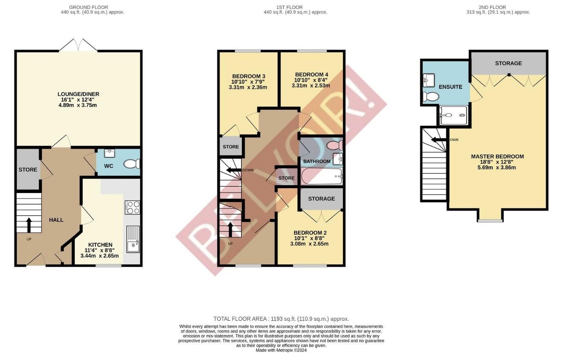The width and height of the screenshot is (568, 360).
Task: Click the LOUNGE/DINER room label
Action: [x=78, y=94]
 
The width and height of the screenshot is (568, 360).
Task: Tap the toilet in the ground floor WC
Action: [x=131, y=164]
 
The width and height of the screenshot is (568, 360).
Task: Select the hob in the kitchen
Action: [x=132, y=207]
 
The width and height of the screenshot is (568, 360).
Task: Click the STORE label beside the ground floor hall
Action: [x=28, y=170]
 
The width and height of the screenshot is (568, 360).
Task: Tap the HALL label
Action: [x=56, y=220]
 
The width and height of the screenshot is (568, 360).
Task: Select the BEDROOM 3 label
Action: [x=249, y=76]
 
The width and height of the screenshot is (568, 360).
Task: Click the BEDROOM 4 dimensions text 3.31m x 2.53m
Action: [x=310, y=85]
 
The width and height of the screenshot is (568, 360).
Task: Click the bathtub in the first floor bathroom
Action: [x=322, y=176]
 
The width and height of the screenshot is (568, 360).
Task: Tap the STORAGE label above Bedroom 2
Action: [x=321, y=199]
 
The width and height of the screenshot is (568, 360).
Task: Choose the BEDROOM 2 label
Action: [x=310, y=233]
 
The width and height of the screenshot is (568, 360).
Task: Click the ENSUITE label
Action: [x=451, y=87]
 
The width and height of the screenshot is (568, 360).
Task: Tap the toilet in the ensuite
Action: [x=430, y=97]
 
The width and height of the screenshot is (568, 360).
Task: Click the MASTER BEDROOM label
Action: [x=497, y=156]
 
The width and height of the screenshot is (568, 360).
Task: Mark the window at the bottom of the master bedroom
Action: [x=490, y=220]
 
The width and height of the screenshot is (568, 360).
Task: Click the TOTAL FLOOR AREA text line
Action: [x=281, y=319]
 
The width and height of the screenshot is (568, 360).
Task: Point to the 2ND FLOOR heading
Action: [x=498, y=7]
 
